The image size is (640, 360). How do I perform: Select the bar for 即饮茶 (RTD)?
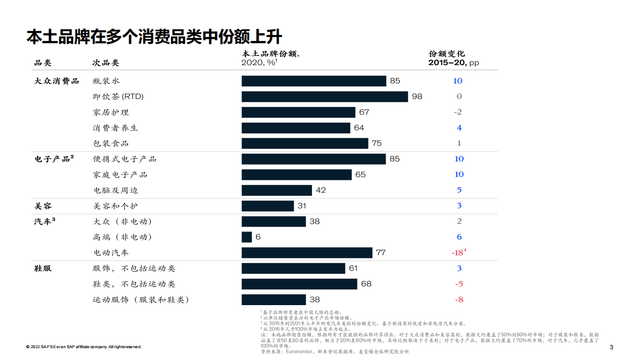pyautogui.click(x=324, y=96)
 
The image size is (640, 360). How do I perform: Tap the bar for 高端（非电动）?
pyautogui.click(x=247, y=237)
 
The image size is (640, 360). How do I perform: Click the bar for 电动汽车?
pyautogui.click(x=307, y=252)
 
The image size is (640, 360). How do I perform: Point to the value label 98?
pyautogui.click(x=417, y=96)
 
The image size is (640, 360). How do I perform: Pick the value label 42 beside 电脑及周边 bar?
pyautogui.click(x=321, y=190)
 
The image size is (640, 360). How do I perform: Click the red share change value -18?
pyautogui.click(x=458, y=252)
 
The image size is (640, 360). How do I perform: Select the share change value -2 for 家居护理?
pyautogui.click(x=459, y=112)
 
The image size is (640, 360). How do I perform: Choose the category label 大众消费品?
pyautogui.click(x=56, y=81)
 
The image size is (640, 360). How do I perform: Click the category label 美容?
pyautogui.click(x=43, y=206)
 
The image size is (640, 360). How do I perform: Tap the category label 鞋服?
pyautogui.click(x=43, y=268)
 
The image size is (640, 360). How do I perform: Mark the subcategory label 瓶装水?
pyautogui.click(x=106, y=81)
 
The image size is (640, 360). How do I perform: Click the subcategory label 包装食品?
pyautogui.click(x=111, y=143)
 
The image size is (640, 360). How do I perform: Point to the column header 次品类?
pyautogui.click(x=106, y=62)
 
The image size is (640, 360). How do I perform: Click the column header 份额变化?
pyautogui.click(x=446, y=54)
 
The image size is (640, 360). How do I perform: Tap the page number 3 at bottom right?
pyautogui.click(x=611, y=347)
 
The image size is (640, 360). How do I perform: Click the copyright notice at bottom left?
pyautogui.click(x=83, y=347)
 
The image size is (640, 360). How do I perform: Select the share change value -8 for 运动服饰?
pyautogui.click(x=459, y=299)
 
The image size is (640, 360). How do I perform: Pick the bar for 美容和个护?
pyautogui.click(x=267, y=206)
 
